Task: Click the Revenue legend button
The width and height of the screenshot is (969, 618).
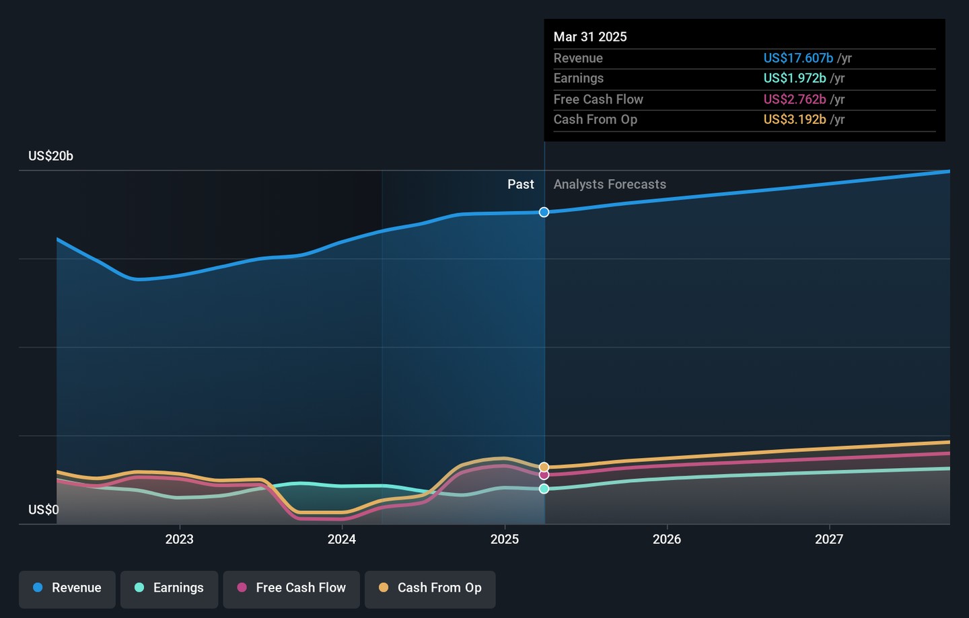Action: click(67, 588)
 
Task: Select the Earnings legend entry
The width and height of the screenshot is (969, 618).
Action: click(169, 588)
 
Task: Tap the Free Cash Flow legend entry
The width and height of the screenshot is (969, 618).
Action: click(291, 588)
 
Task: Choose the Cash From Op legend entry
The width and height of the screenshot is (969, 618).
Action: click(430, 588)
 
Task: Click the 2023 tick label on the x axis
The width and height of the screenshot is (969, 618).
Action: click(180, 539)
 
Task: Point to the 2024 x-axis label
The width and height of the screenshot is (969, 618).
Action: click(342, 539)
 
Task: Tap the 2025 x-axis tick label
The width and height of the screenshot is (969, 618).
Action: click(505, 539)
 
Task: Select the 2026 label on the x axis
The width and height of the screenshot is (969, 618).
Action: click(667, 539)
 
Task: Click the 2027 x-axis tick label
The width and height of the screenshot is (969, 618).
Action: click(829, 539)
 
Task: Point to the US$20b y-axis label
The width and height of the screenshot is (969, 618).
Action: click(50, 156)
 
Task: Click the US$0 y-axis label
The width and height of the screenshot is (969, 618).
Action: click(44, 510)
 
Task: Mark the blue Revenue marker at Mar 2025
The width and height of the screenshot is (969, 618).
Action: click(544, 213)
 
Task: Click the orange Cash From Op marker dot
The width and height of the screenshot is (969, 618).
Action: click(544, 467)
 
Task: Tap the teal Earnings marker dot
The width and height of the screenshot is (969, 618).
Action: click(544, 489)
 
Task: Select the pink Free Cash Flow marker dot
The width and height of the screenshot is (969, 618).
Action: click(544, 475)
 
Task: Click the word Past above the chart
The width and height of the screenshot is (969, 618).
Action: click(521, 184)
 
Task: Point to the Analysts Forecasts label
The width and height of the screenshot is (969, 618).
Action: click(610, 184)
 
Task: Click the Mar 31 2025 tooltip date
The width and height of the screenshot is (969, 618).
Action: click(590, 37)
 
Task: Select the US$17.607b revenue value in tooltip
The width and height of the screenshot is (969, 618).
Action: click(798, 59)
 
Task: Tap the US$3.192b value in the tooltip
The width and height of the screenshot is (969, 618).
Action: click(795, 120)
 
